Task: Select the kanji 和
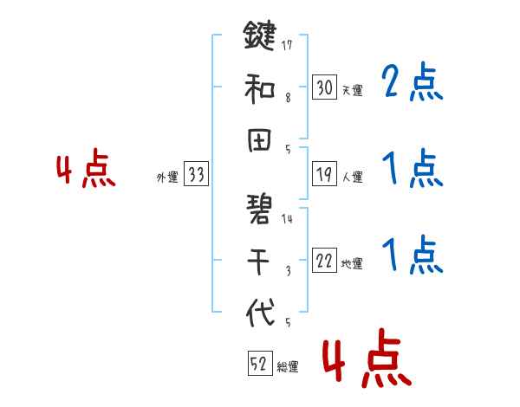point(260,87)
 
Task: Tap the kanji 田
point(260,138)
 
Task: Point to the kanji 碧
point(260,209)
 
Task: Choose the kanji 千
point(260,259)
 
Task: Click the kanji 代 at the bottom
point(260,311)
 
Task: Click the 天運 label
point(352,90)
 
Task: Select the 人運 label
point(352,177)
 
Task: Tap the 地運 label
point(352,263)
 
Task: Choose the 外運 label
point(166,177)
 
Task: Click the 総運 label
point(288,367)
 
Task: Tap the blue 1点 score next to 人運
point(411,169)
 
